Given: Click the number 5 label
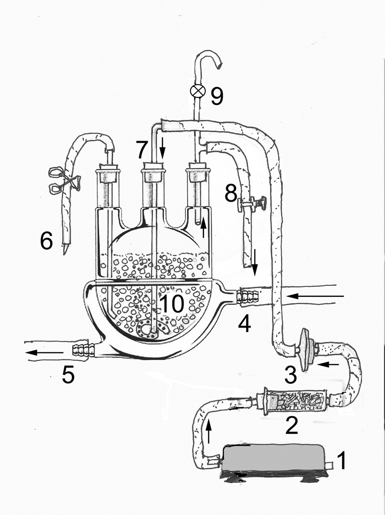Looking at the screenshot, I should tap(68, 375).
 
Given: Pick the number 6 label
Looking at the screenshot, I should tap(46, 242).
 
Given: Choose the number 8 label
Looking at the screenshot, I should tap(230, 194).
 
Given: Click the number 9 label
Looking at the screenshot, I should tap(216, 96).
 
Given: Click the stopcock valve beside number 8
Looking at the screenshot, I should tap(251, 203).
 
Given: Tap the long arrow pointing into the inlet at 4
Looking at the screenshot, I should tap(316, 297).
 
